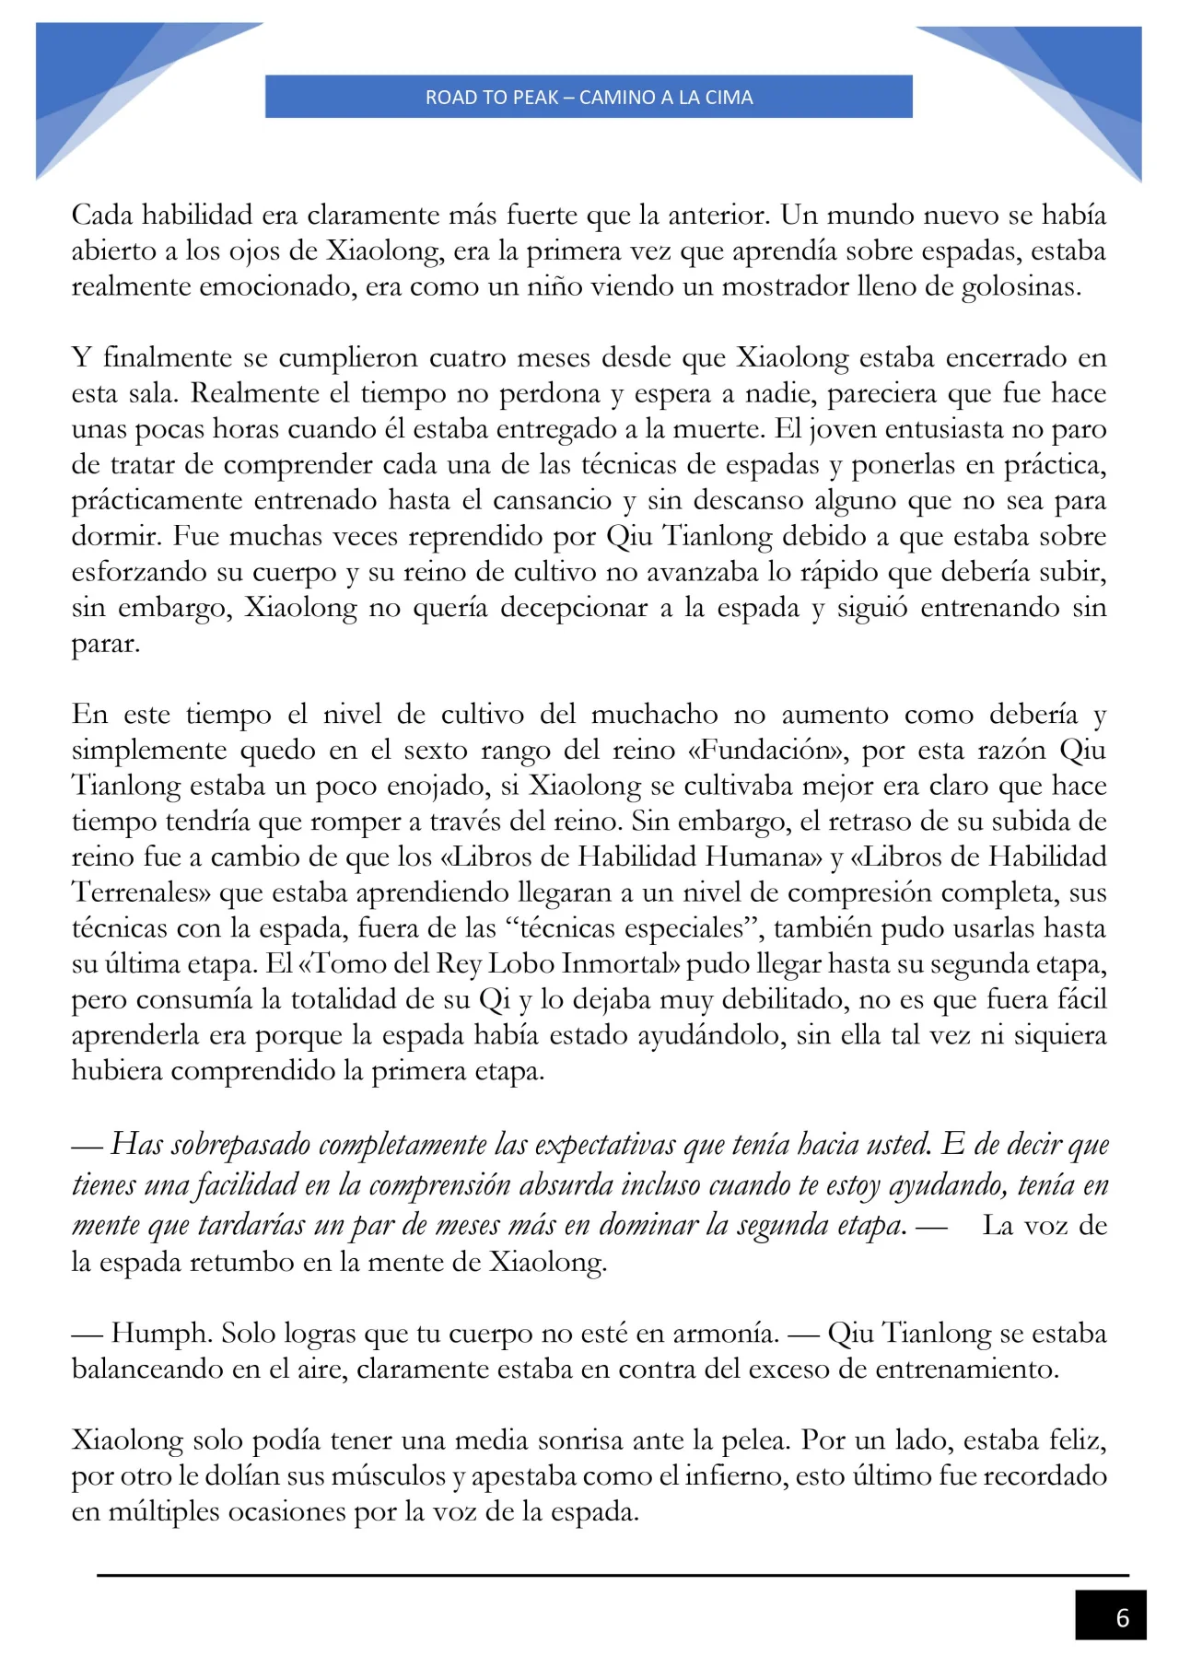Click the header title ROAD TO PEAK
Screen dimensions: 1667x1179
pyautogui.click(x=589, y=97)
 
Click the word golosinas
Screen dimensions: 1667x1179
pyautogui.click(x=1020, y=286)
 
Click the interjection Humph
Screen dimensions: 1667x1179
pyautogui.click(x=158, y=1334)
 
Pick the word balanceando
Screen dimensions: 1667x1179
pyautogui.click(x=147, y=1370)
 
